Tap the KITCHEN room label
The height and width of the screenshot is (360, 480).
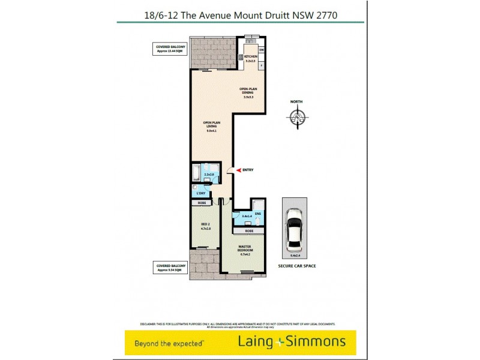[x=250, y=57]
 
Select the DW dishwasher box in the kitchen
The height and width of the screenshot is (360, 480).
[x=261, y=50]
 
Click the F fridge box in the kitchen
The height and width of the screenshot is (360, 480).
[x=261, y=65]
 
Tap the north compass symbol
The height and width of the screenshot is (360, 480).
[x=296, y=118]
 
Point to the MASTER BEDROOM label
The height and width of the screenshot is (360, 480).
[x=245, y=250]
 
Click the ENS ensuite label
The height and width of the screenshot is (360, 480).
[x=258, y=214]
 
